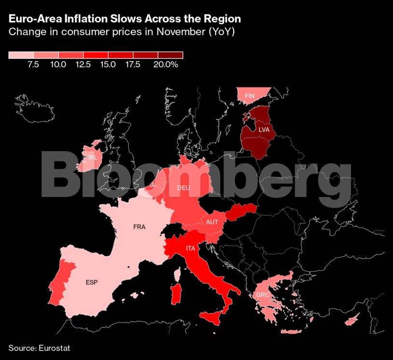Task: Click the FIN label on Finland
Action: (x=250, y=96)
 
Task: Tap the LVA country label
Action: (x=264, y=130)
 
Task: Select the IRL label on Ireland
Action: (x=93, y=157)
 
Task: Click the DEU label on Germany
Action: (x=183, y=188)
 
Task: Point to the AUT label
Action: (x=212, y=222)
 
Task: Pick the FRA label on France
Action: (x=139, y=227)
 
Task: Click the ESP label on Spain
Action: (x=92, y=282)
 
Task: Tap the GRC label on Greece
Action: (x=263, y=294)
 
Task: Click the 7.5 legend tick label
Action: (x=33, y=65)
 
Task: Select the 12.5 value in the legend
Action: (x=84, y=65)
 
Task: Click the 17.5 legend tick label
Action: (x=133, y=65)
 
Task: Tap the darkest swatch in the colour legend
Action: (x=170, y=55)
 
